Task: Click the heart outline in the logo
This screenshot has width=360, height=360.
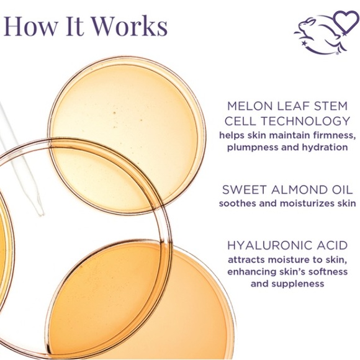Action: [x=344, y=22]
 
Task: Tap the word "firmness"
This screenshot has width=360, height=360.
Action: [x=333, y=135]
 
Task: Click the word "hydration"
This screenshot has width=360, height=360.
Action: [x=326, y=147]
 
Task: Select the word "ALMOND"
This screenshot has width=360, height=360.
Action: [x=290, y=190]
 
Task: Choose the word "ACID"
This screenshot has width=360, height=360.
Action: [x=331, y=245]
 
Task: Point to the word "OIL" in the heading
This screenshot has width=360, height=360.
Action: [x=335, y=190]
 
